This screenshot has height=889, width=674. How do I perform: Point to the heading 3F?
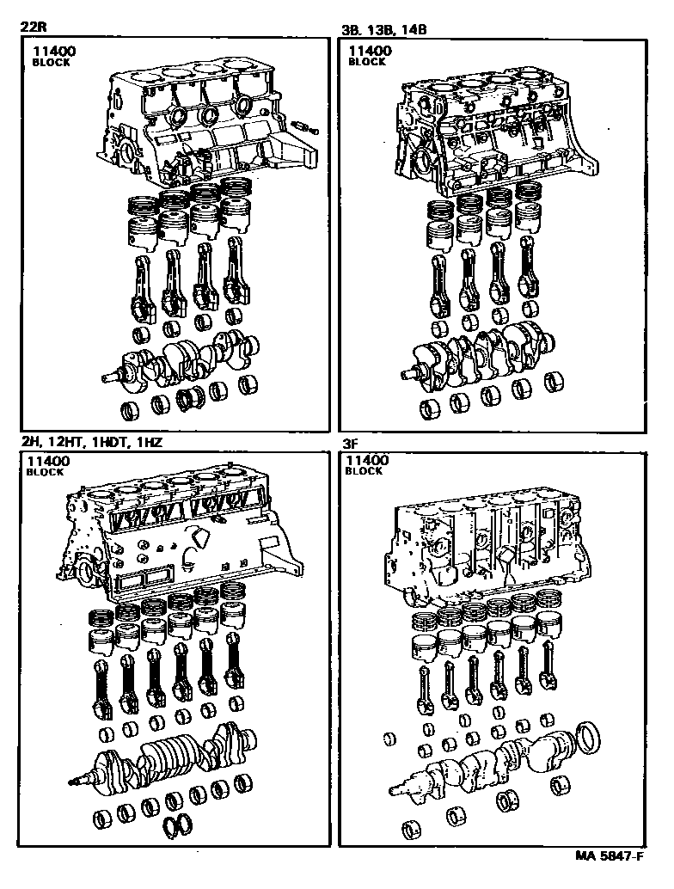352,445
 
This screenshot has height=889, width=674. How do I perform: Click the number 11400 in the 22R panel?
53,52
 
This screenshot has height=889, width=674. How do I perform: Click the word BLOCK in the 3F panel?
365,472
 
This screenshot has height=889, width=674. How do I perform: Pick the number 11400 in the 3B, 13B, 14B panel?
369,52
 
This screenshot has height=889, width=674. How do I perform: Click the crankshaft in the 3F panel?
481,761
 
